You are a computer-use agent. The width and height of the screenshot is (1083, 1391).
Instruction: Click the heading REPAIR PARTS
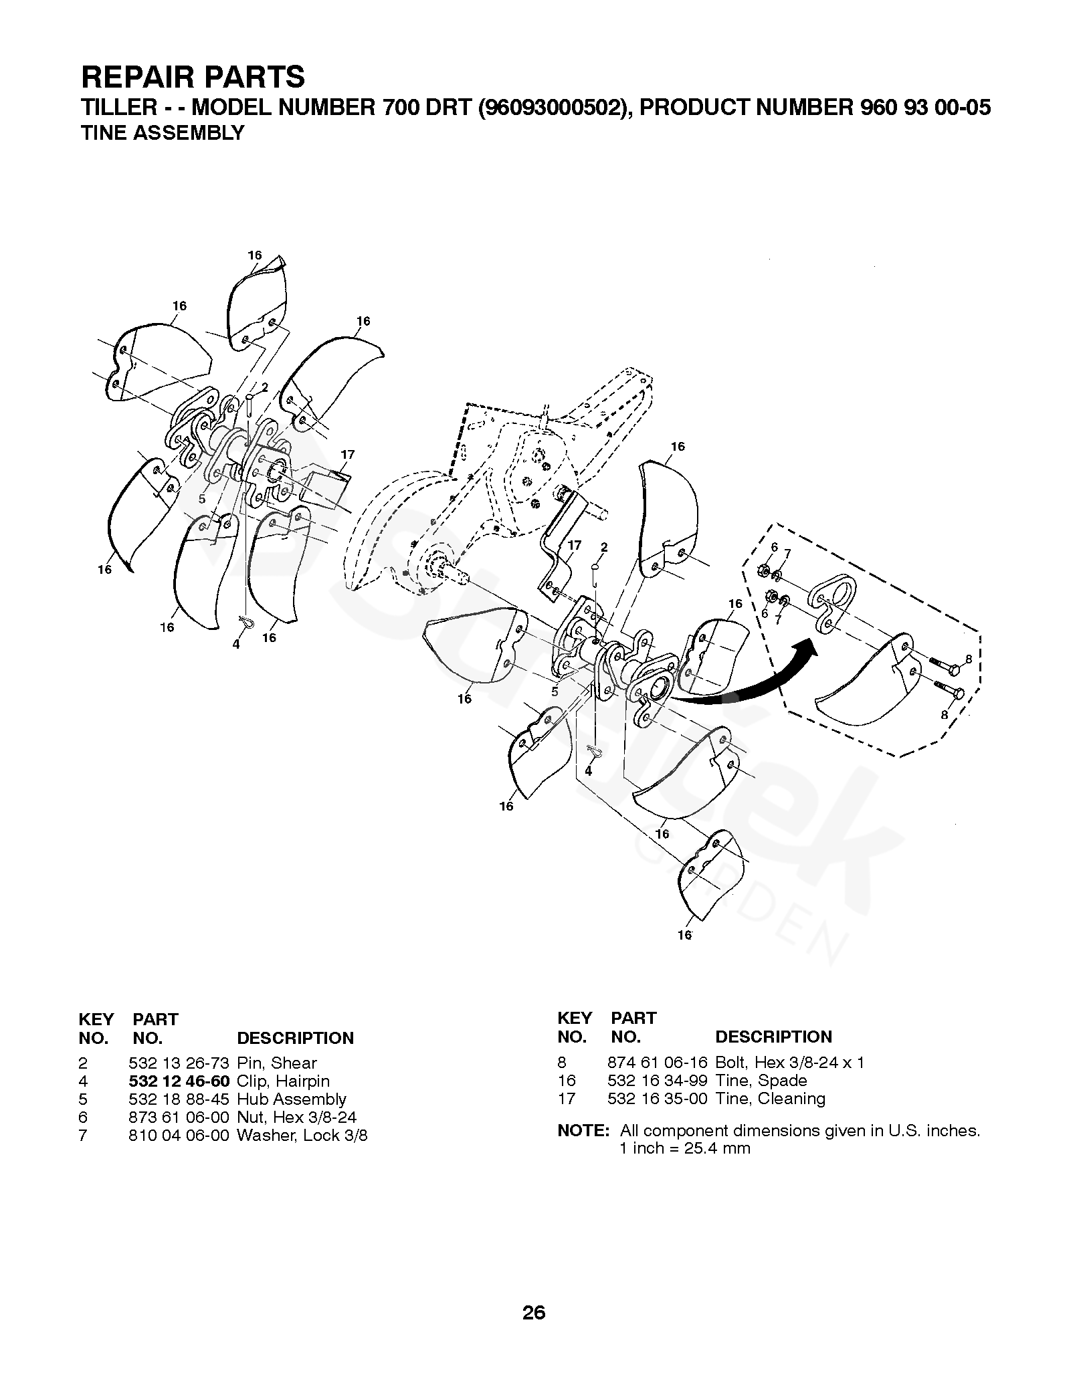(193, 78)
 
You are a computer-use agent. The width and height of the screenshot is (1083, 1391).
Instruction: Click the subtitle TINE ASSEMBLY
(163, 133)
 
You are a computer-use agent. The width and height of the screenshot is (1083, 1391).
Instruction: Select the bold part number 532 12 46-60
(179, 1081)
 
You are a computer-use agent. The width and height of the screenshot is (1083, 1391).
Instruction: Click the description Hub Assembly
(292, 1099)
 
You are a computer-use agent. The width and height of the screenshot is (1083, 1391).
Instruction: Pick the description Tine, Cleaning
(770, 1099)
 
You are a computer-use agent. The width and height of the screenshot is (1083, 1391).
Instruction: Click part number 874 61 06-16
(657, 1063)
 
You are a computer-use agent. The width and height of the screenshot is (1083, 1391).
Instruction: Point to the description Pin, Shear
(277, 1063)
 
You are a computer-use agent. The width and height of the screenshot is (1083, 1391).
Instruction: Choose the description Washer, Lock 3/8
(302, 1136)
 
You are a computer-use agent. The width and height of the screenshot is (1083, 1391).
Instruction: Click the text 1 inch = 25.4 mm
(685, 1149)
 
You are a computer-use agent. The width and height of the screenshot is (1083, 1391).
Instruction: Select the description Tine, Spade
(761, 1081)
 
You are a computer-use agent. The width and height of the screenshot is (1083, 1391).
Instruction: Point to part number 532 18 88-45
(179, 1099)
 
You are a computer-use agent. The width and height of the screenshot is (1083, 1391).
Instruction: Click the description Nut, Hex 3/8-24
(296, 1117)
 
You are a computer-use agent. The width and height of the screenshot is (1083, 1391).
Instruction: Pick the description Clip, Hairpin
(283, 1081)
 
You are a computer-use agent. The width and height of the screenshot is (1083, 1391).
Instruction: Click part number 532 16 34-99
(657, 1081)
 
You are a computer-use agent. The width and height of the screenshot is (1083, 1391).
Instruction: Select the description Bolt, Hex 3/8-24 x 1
(789, 1063)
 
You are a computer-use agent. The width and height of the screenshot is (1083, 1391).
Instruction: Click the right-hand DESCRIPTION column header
(773, 1037)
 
